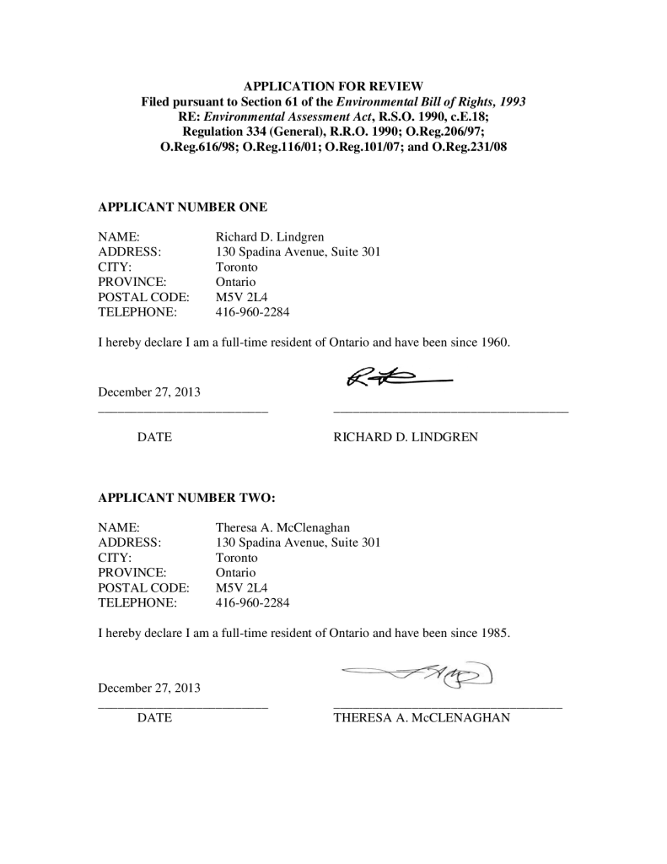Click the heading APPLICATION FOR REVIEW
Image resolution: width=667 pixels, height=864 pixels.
click(x=333, y=86)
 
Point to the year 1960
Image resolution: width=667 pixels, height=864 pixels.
click(x=495, y=343)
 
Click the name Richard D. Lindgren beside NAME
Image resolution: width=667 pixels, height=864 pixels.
click(x=269, y=237)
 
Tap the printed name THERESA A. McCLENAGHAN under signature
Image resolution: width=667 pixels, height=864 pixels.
click(x=422, y=718)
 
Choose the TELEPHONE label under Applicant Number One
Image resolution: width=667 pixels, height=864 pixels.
click(x=137, y=312)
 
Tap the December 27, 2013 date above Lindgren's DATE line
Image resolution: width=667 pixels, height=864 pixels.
click(x=149, y=392)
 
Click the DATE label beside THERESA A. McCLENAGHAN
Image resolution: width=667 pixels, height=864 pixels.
click(x=154, y=718)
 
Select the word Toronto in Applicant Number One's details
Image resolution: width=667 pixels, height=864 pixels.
click(x=237, y=267)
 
